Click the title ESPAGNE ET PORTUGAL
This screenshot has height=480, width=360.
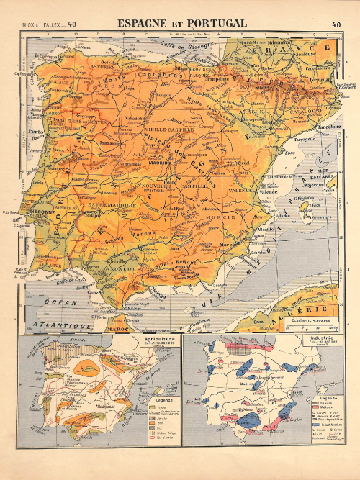[x=182, y=24]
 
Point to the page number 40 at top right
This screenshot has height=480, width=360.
[x=337, y=24]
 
